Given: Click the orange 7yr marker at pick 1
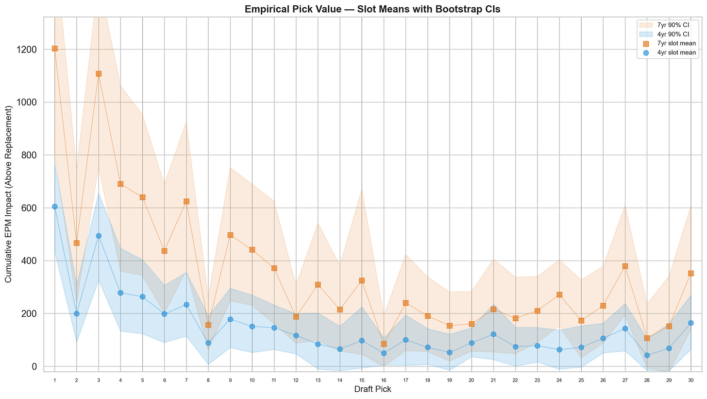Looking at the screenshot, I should pyautogui.click(x=54, y=49).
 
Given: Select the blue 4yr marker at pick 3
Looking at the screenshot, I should pyautogui.click(x=99, y=236).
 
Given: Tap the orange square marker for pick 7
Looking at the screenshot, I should pyautogui.click(x=186, y=201).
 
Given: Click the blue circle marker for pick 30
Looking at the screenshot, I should pyautogui.click(x=690, y=323).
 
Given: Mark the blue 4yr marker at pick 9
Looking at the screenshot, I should pyautogui.click(x=230, y=319).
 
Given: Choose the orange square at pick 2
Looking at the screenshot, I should pyautogui.click(x=77, y=243).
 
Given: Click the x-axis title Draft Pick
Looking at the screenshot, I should pyautogui.click(x=372, y=389).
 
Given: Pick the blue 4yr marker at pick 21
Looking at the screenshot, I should pyautogui.click(x=493, y=334).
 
